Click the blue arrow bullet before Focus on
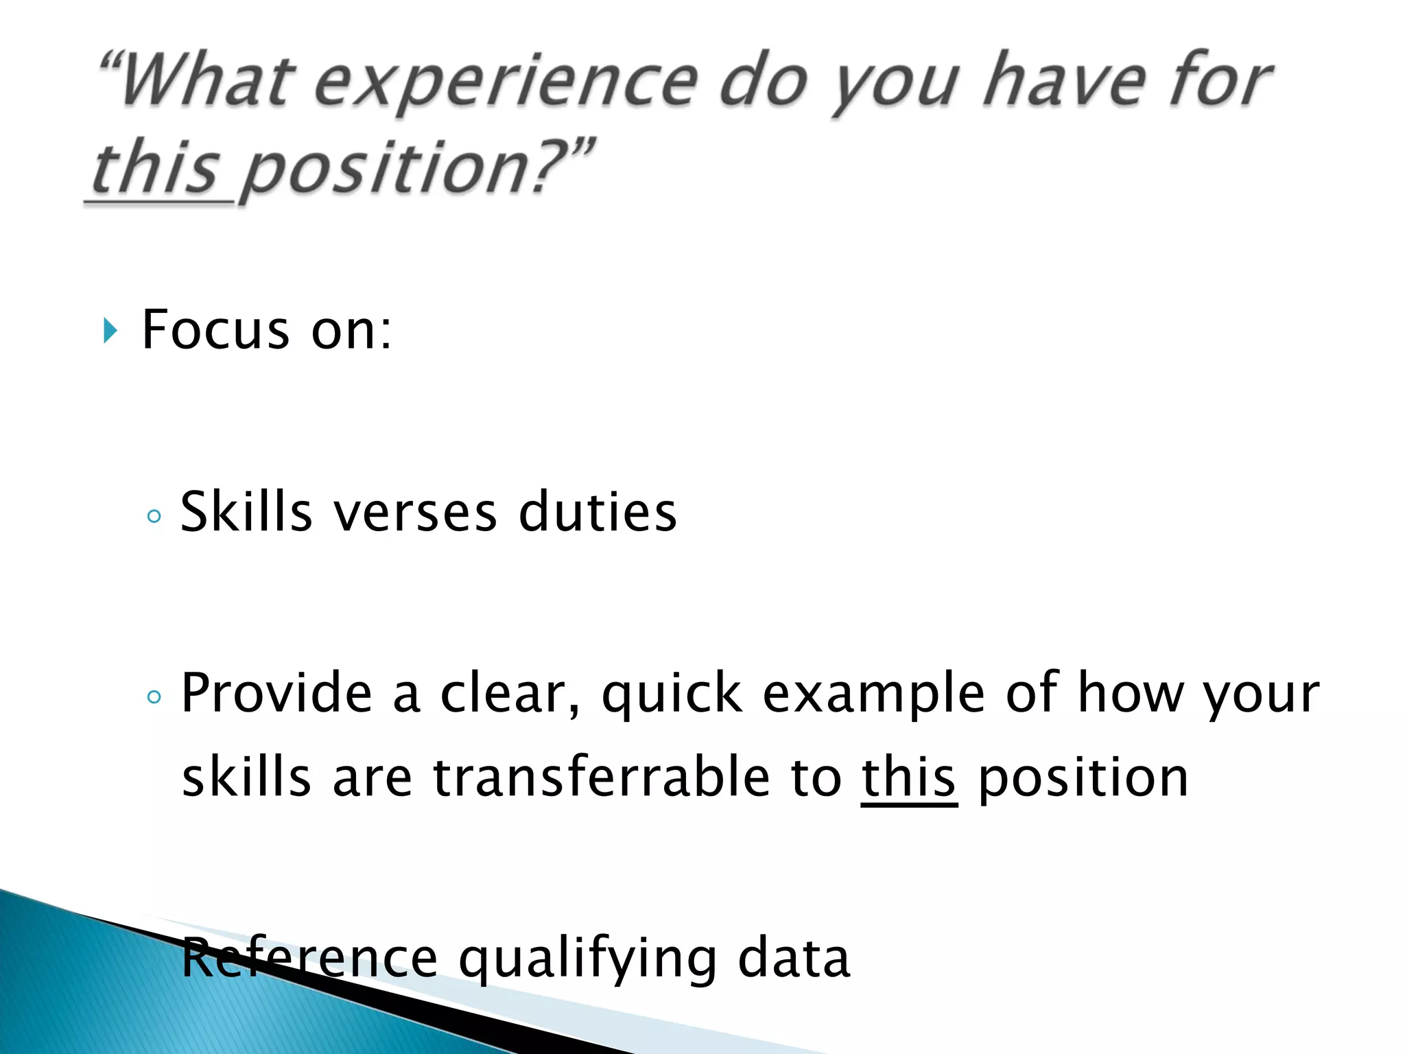(110, 331)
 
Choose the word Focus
(215, 331)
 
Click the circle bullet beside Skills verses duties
(154, 515)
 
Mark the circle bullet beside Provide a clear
(154, 697)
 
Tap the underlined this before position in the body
(908, 779)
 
